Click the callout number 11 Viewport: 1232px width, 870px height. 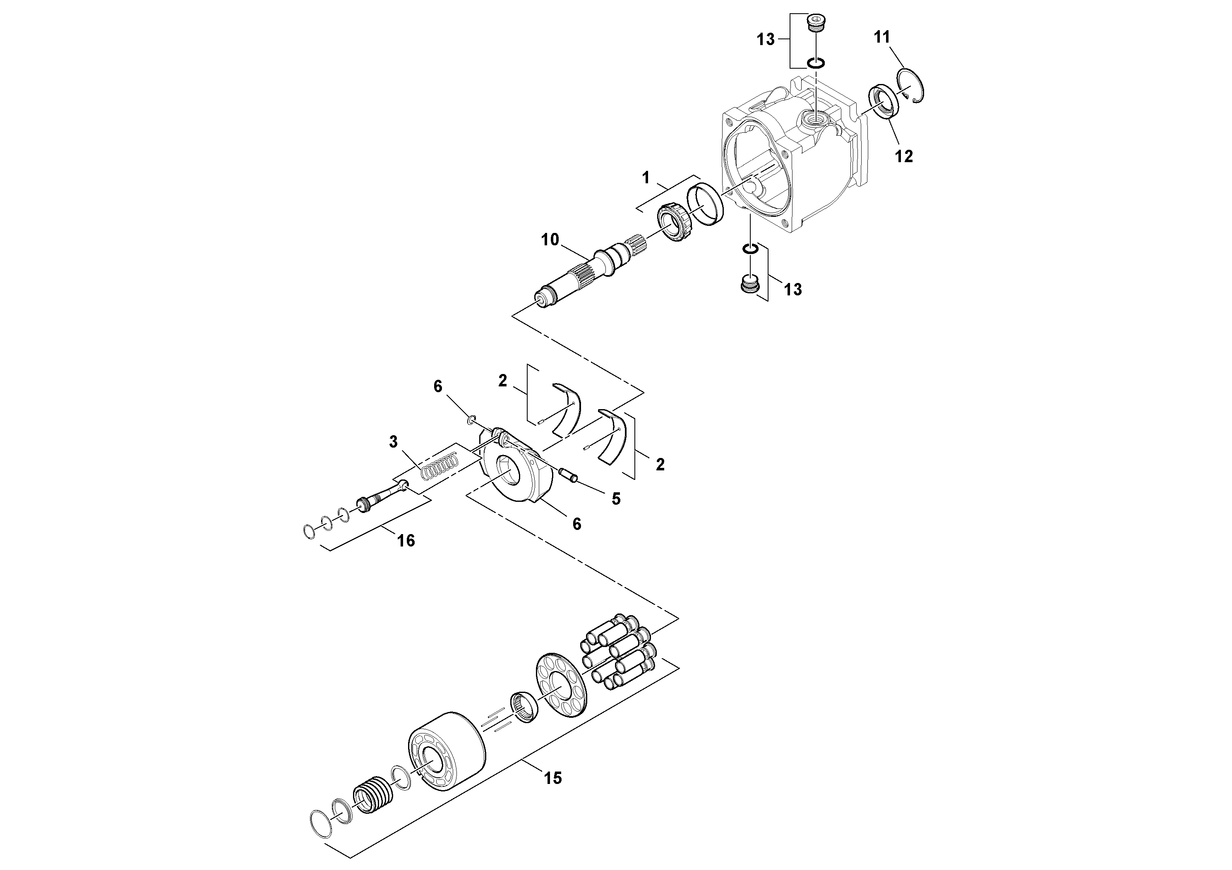click(x=881, y=37)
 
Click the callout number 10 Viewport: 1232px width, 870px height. click(x=550, y=240)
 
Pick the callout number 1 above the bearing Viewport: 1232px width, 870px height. click(x=646, y=177)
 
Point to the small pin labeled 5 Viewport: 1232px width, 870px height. click(x=568, y=475)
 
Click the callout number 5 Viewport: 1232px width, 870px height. click(x=616, y=499)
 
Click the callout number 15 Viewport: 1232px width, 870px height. click(x=553, y=778)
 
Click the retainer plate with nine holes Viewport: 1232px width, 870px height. click(x=561, y=687)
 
